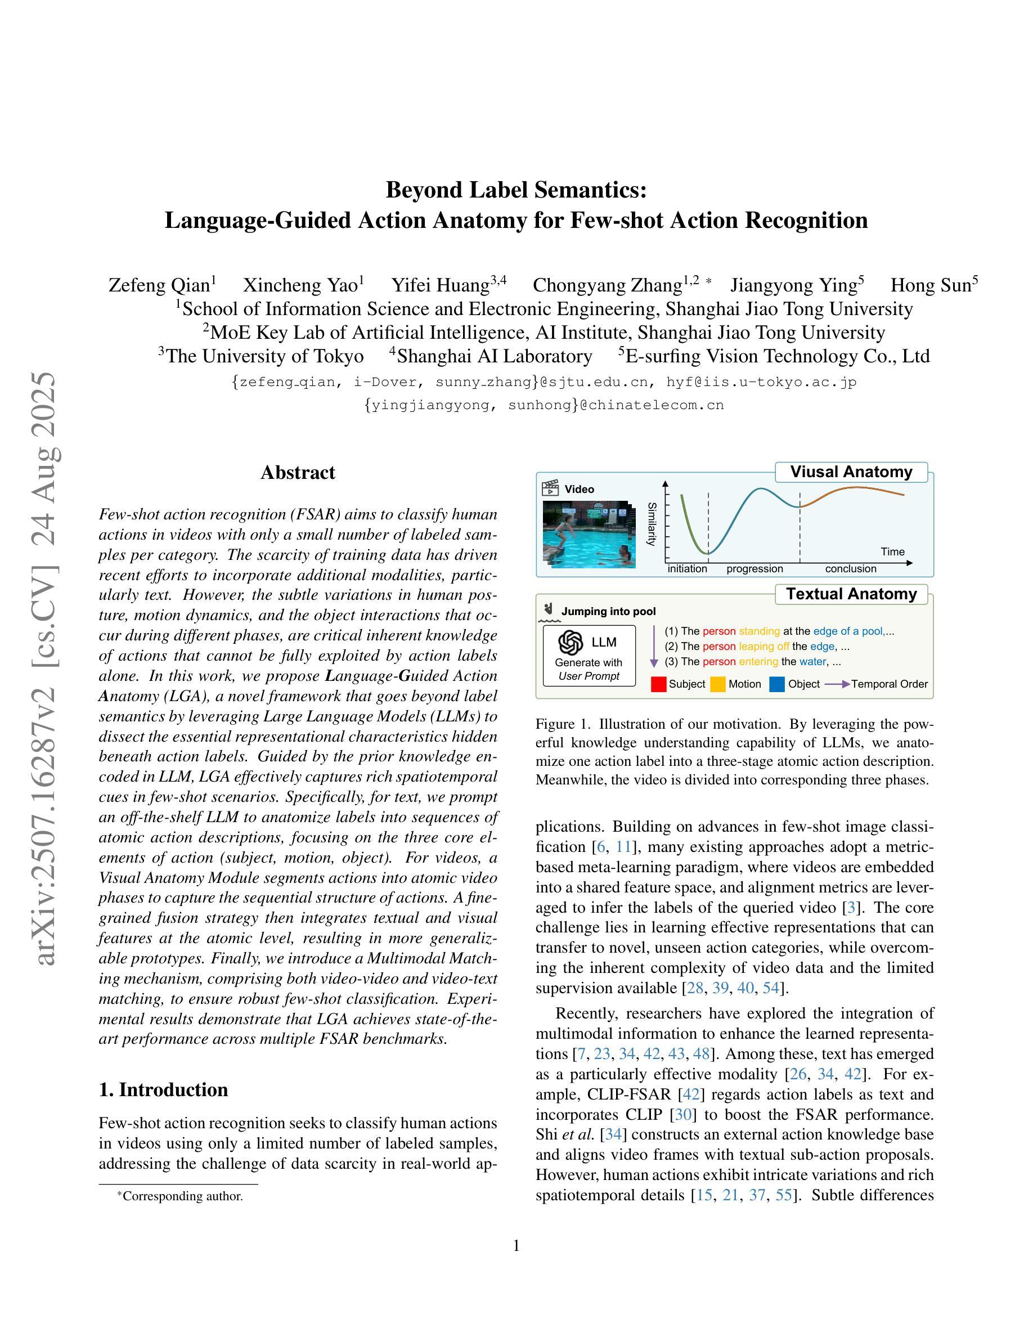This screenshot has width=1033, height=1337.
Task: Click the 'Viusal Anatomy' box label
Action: click(x=851, y=472)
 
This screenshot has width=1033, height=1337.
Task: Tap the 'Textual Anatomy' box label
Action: click(x=851, y=594)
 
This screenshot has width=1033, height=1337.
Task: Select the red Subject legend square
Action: click(x=658, y=684)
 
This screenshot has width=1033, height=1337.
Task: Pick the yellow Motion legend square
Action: click(x=718, y=684)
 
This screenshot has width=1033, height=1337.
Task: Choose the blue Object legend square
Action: click(x=777, y=684)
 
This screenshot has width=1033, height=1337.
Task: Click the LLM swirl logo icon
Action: click(x=571, y=642)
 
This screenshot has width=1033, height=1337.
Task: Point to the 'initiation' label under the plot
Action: click(x=686, y=569)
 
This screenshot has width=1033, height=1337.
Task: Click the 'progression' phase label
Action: click(x=754, y=569)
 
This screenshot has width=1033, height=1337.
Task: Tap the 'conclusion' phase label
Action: click(x=851, y=569)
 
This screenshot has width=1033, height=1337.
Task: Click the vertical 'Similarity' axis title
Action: click(x=652, y=524)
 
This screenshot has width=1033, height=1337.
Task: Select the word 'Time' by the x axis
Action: click(x=892, y=551)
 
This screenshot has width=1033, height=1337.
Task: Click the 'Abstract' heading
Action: click(x=298, y=473)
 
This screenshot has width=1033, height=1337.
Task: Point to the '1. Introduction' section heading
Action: click(x=163, y=1089)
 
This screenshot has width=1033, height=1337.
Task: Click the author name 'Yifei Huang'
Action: click(x=441, y=285)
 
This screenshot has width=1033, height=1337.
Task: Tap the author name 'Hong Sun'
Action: click(x=930, y=285)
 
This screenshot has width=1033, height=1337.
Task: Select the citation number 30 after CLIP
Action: click(x=682, y=1114)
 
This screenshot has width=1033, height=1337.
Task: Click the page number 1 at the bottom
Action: click(x=516, y=1245)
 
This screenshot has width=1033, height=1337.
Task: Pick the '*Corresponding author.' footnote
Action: click(x=181, y=1196)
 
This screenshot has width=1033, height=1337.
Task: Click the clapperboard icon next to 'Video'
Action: click(x=550, y=488)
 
